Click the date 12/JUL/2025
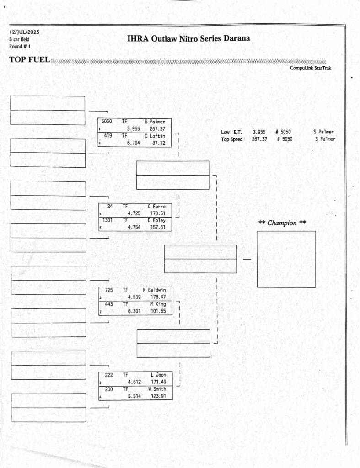24,32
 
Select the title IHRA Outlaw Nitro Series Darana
188,38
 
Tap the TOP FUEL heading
29,59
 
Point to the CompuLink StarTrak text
311,68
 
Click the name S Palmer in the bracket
155,122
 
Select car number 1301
107,220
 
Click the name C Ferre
156,207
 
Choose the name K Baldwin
154,290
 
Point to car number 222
109,375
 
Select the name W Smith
157,389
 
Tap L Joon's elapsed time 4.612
134,382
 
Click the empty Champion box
286,259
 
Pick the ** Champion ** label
282,223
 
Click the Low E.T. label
231,132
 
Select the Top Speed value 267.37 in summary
259,139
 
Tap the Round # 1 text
20,46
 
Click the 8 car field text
19,39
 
